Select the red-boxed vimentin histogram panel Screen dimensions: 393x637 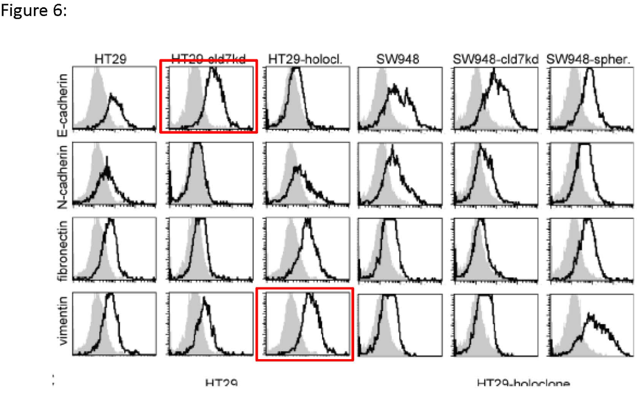click(305, 324)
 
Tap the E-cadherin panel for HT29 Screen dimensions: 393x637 click(113, 98)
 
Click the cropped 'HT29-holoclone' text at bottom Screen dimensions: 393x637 click(523, 384)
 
